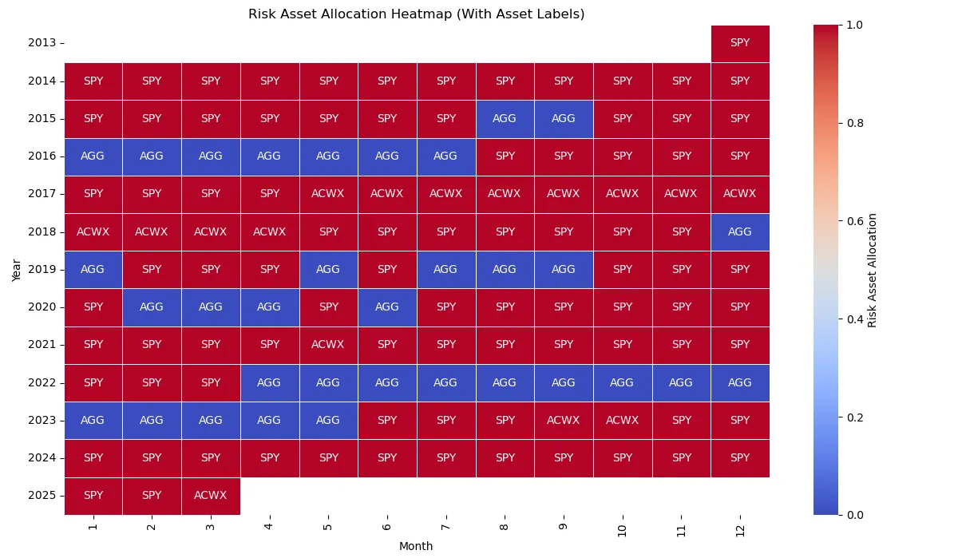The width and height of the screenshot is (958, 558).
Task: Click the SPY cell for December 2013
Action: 740,43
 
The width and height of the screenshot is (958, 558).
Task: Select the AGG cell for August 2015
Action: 505,118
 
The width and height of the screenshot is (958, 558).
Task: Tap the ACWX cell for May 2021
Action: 328,345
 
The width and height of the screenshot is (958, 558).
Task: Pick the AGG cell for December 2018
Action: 740,232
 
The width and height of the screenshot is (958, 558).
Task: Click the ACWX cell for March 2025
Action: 211,496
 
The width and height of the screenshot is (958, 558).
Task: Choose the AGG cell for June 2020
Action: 387,307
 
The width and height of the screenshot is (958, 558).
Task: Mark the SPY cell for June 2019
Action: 387,270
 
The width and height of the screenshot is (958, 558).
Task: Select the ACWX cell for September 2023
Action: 564,421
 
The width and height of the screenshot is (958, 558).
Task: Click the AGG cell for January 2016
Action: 93,156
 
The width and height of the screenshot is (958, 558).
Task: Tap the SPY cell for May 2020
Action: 328,307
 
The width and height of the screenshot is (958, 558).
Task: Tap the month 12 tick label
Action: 740,527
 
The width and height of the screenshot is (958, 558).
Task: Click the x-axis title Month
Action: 416,547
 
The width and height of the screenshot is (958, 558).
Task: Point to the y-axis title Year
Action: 17,269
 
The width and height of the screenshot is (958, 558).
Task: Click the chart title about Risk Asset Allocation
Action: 416,14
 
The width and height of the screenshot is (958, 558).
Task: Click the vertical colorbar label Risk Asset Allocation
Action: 873,270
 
